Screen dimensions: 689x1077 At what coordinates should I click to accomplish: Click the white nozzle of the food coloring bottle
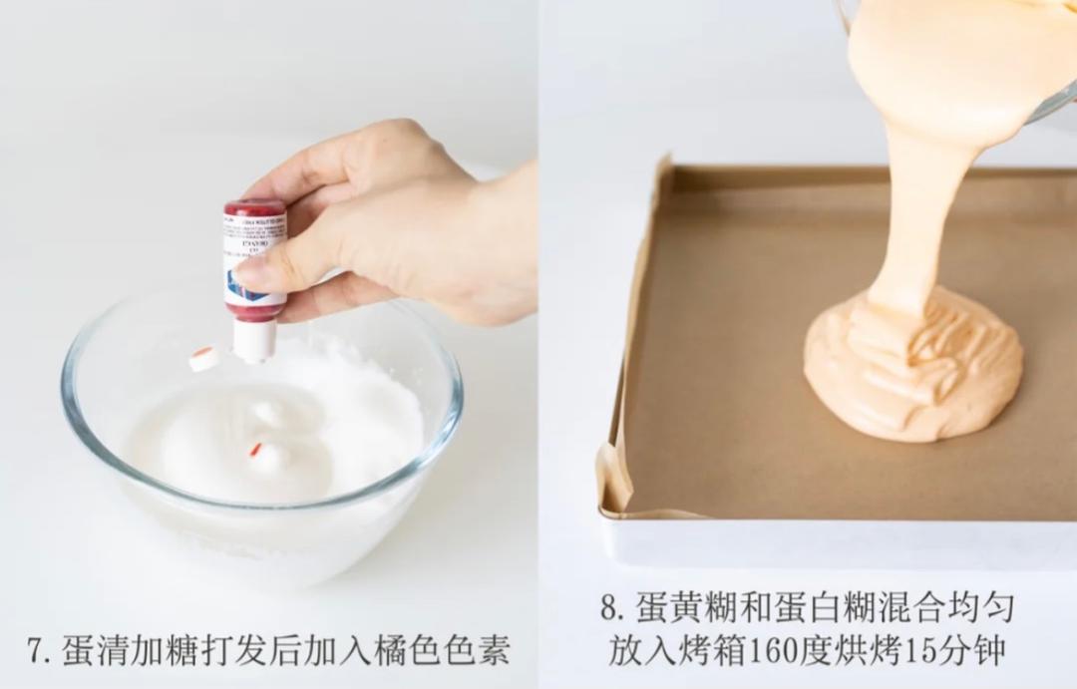coord(255,339)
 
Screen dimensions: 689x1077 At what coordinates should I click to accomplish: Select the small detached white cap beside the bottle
coord(203,358)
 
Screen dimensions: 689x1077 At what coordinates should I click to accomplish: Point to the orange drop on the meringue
coord(255,450)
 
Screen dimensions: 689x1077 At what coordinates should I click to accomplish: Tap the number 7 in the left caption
coord(36,650)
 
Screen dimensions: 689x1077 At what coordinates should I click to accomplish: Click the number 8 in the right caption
coord(610,606)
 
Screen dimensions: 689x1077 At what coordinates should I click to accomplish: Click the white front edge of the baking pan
coord(838,543)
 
